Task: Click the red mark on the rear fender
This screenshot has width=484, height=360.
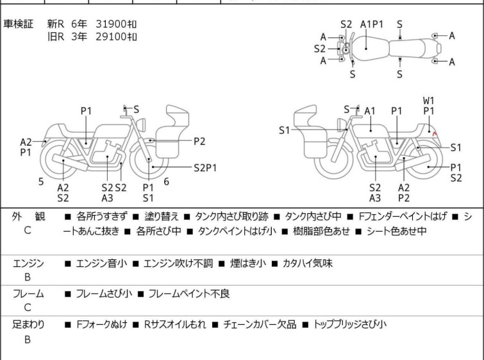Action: click(435, 133)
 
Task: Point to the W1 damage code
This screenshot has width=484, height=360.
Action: click(429, 100)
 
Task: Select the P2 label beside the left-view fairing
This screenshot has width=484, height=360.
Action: click(199, 141)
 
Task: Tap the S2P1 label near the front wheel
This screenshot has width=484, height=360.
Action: click(205, 167)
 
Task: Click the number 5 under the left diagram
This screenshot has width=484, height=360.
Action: click(40, 182)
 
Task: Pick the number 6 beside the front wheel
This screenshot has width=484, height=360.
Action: click(166, 182)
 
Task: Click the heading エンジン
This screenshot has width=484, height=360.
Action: click(28, 263)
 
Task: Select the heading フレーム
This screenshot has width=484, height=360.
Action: click(28, 294)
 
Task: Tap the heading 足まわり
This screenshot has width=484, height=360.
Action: click(28, 325)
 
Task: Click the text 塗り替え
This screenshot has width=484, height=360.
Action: click(156, 217)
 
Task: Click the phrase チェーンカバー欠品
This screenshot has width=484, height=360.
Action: click(260, 325)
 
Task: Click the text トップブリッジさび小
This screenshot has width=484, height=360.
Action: click(350, 325)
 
